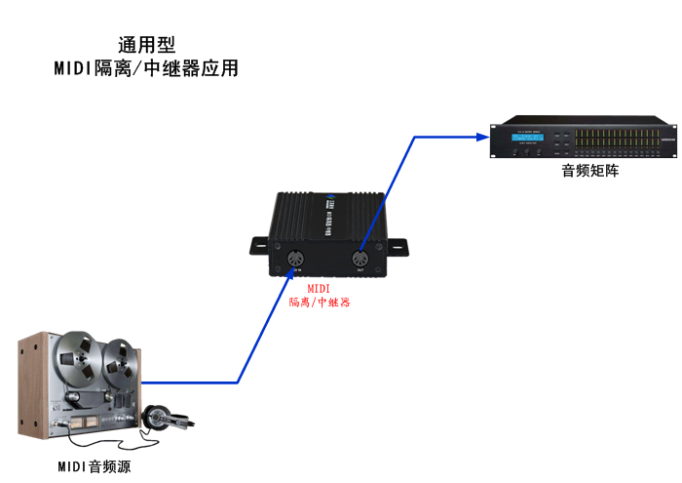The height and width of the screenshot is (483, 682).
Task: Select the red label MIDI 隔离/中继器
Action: click(x=320, y=296)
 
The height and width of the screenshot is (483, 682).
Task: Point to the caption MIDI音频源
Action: click(x=94, y=467)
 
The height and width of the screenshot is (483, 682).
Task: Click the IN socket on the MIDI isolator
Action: click(x=297, y=260)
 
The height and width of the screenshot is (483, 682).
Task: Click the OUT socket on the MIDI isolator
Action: click(x=360, y=261)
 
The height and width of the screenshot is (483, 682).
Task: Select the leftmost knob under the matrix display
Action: click(x=515, y=152)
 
